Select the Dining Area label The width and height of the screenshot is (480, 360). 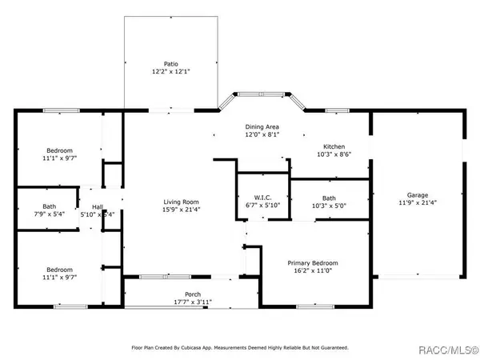(x=262, y=127)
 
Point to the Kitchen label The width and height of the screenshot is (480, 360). (x=334, y=146)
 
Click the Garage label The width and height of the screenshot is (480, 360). (x=417, y=195)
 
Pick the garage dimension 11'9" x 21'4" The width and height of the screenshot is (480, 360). (x=417, y=204)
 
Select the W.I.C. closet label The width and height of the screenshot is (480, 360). (x=262, y=198)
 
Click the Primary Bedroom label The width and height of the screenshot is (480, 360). (x=313, y=263)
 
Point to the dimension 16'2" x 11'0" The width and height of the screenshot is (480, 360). (x=313, y=272)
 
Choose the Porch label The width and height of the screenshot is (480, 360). (x=193, y=294)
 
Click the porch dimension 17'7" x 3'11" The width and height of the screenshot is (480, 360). (x=193, y=302)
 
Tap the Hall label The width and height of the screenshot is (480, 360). (x=97, y=206)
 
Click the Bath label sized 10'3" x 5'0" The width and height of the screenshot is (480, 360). (x=329, y=198)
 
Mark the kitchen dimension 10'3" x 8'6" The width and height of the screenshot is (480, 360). (x=334, y=155)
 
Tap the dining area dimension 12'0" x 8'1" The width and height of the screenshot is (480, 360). (x=262, y=136)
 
